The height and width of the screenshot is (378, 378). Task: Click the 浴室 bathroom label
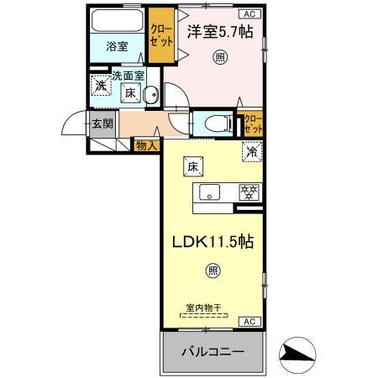coord(117,47)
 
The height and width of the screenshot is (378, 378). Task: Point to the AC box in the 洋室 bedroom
coord(249,14)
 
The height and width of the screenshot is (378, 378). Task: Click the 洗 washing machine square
coord(101,85)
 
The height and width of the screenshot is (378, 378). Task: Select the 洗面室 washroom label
coord(129,76)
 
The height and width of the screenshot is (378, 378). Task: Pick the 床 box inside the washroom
coord(132,94)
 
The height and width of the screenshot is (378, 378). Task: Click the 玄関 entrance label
coord(102,125)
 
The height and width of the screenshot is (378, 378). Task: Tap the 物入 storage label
coord(145,146)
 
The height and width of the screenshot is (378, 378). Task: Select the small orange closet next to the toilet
coord(252,124)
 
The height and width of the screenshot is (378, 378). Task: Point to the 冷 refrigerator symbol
coord(250,153)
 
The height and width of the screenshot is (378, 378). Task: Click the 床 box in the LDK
coord(192,167)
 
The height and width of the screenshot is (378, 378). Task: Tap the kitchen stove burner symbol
coord(247,192)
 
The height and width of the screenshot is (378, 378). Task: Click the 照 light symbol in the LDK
coord(213,270)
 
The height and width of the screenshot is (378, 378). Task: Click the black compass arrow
coord(297,354)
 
